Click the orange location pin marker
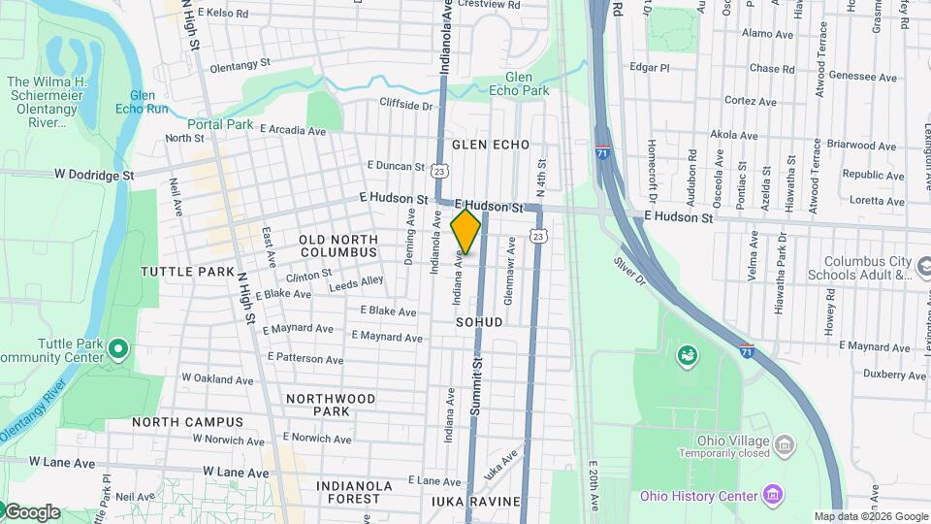coord(466,231)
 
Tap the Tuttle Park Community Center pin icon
coord(117,347)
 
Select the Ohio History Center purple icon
coord(772,496)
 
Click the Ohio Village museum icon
coord(784,445)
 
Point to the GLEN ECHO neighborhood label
coord(491,145)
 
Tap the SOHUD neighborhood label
coord(479,321)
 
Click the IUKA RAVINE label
coord(476,502)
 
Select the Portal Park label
coord(220,124)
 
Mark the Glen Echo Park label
coord(527,84)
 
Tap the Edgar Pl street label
coord(650,68)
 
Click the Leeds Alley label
coord(356,283)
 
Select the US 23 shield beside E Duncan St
coord(439,171)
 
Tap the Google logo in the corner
coord(31,512)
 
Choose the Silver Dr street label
coord(629,270)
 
